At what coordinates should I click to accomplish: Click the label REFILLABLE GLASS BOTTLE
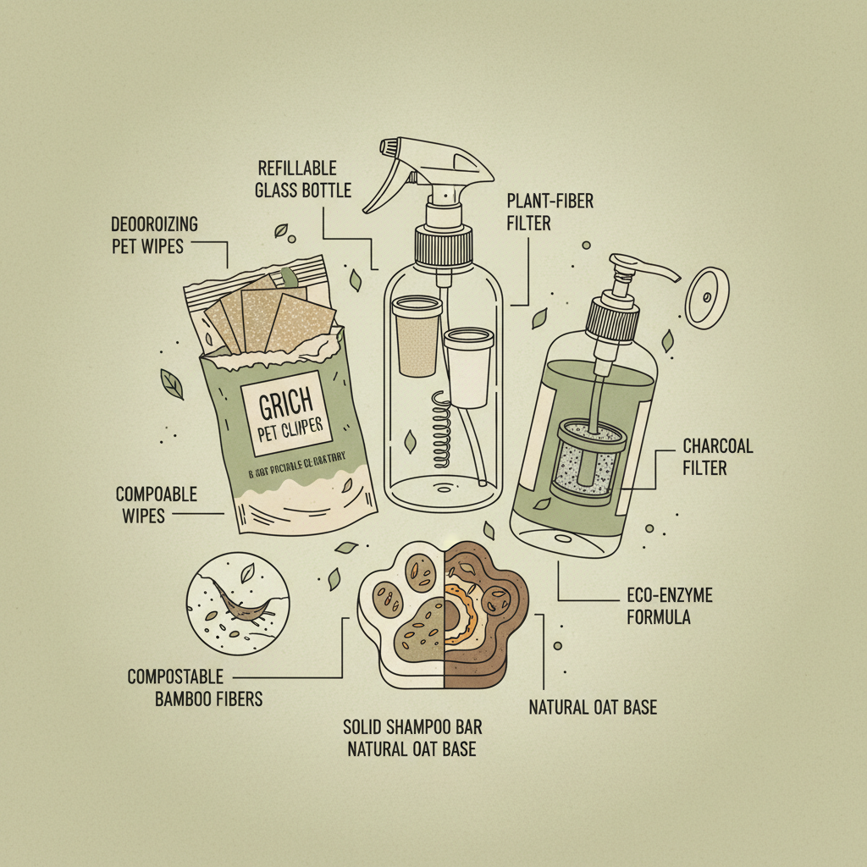click(302, 179)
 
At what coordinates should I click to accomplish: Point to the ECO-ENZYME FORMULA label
click(669, 606)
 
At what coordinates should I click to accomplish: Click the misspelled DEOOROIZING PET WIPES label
click(154, 235)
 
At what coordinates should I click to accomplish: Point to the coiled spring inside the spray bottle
click(440, 428)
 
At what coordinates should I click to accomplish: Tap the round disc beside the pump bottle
click(707, 298)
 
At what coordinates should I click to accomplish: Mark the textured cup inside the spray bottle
click(417, 334)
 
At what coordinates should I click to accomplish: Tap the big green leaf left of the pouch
click(172, 384)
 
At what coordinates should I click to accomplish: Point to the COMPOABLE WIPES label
click(156, 504)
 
